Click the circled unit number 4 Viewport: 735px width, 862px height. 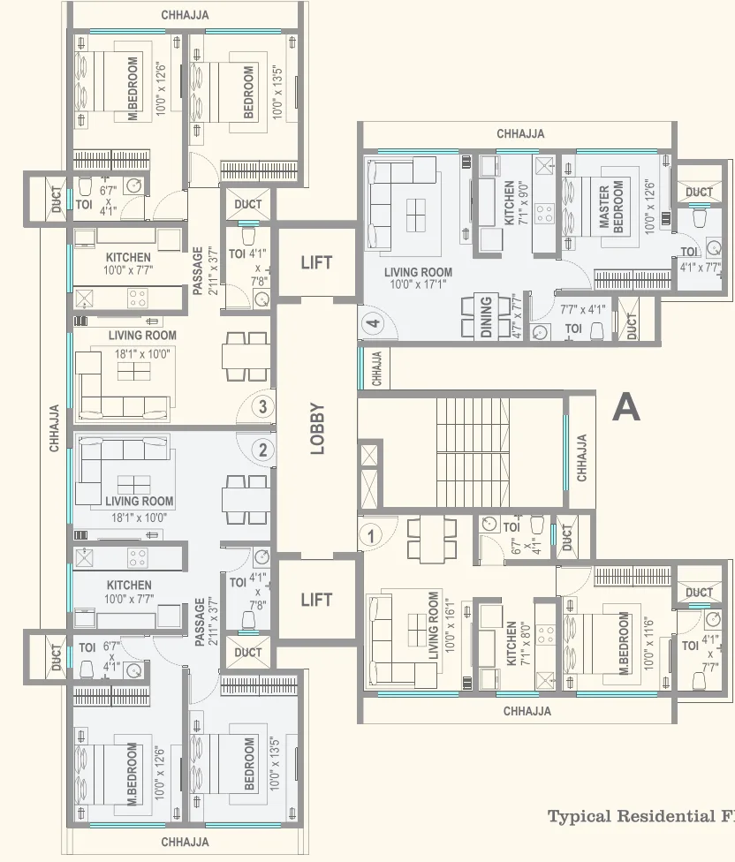point(373,324)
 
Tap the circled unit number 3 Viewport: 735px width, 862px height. point(261,406)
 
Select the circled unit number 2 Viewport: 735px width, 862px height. point(261,450)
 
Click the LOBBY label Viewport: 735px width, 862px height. point(317,429)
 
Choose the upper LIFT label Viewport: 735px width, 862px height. point(316,262)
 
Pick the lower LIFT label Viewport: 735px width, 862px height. point(316,601)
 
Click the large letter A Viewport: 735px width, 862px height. point(625,407)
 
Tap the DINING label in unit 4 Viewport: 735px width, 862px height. point(486,316)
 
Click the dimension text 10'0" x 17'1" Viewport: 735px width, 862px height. point(418,285)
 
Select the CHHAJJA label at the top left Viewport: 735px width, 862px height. point(186,15)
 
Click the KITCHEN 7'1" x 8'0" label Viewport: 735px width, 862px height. point(518,643)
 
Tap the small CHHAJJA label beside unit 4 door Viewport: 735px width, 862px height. point(376,368)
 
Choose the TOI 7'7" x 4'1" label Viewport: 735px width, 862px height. point(584,319)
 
